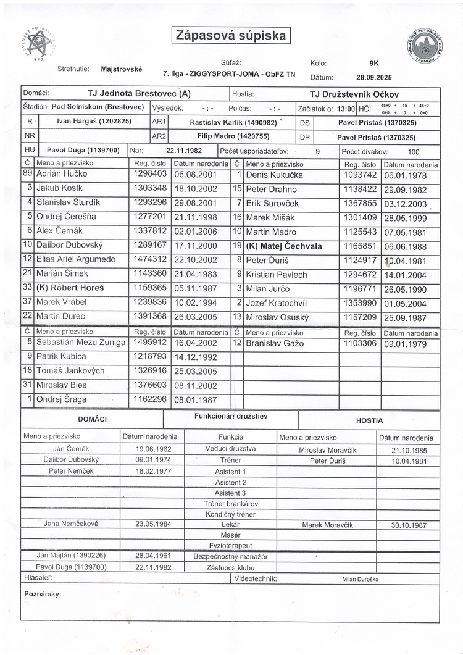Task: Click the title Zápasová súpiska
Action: pyautogui.click(x=231, y=35)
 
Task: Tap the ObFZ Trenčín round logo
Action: pyautogui.click(x=425, y=49)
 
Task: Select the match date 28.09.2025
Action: pyautogui.click(x=374, y=78)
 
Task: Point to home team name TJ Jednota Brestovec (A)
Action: pyautogui.click(x=138, y=94)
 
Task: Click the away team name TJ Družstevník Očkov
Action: pyautogui.click(x=354, y=94)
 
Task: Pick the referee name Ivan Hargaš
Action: pyautogui.click(x=94, y=121)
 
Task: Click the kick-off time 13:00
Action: pyautogui.click(x=346, y=108)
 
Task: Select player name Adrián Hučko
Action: pyautogui.click(x=60, y=174)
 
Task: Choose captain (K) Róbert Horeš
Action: pyautogui.click(x=70, y=288)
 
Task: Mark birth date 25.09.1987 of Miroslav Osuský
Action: pyautogui.click(x=405, y=317)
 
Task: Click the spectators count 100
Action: pyautogui.click(x=414, y=151)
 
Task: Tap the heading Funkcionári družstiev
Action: pyautogui.click(x=231, y=416)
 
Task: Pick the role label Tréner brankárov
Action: pyautogui.click(x=231, y=503)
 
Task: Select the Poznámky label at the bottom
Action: pyautogui.click(x=43, y=594)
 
